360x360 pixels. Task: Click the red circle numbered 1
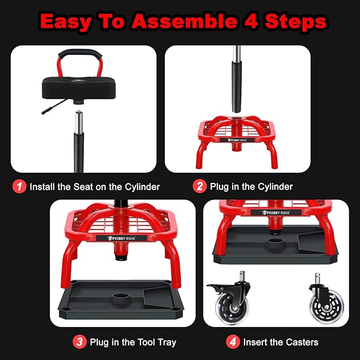click(20, 187)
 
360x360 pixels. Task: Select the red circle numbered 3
click(80, 342)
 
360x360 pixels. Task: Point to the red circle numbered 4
click(232, 342)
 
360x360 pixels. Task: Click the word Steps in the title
click(298, 22)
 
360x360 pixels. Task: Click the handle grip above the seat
click(80, 54)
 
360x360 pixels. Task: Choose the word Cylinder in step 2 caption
click(275, 187)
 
